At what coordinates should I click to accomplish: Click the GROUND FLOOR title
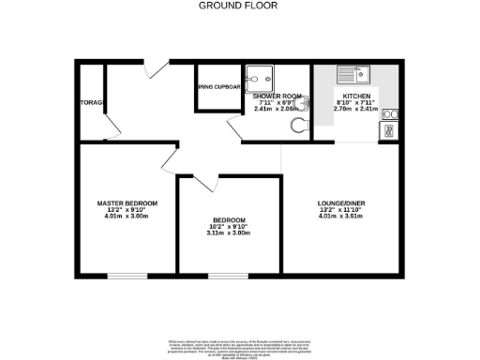[x=239, y=6]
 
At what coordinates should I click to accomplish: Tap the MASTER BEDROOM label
[x=127, y=203]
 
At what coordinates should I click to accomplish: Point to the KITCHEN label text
[x=356, y=96]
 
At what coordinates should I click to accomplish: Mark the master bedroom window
[x=127, y=276]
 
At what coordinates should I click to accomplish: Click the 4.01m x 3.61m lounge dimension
[x=340, y=217]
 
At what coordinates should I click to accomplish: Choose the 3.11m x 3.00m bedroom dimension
[x=230, y=232]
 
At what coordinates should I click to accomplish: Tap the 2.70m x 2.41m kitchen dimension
[x=356, y=109]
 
